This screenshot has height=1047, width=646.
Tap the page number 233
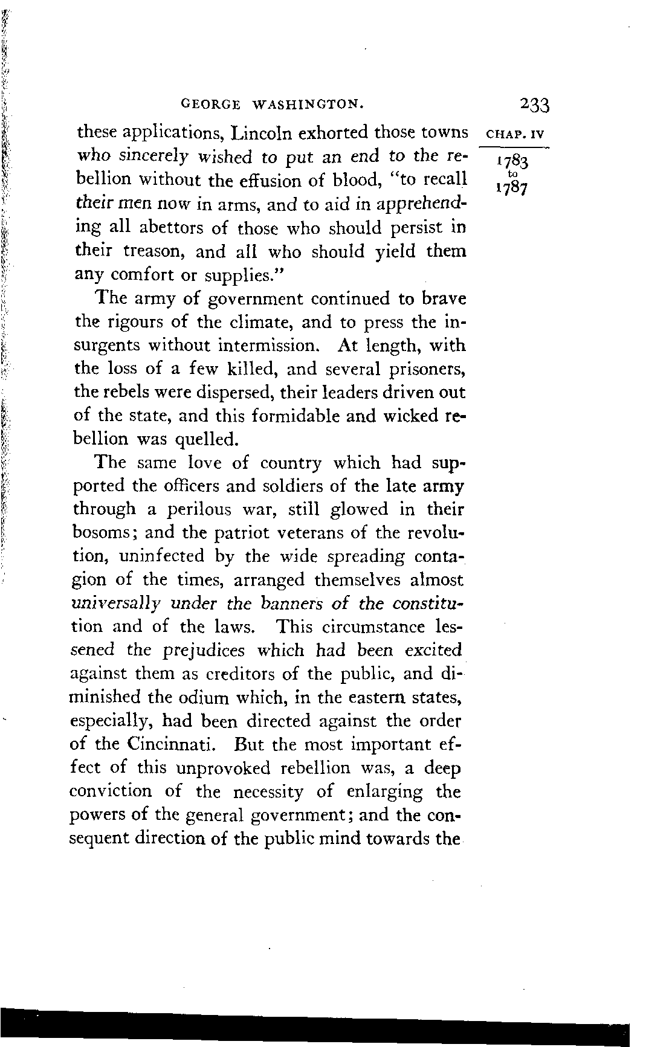[534, 106]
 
